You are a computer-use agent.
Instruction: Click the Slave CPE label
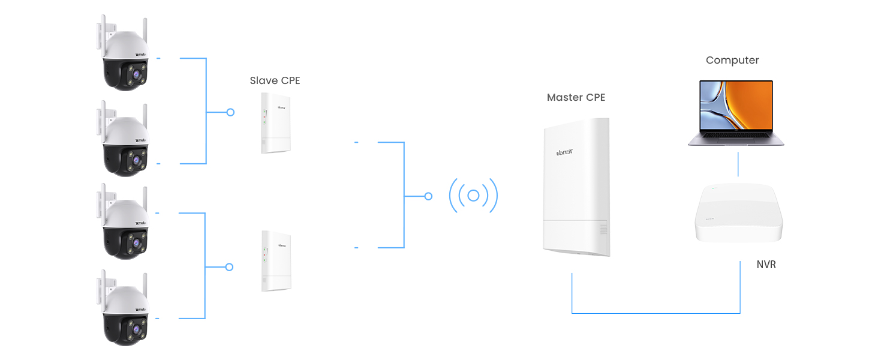(275, 80)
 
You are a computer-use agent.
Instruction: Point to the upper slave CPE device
(275, 123)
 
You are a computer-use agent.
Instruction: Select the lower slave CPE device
(276, 261)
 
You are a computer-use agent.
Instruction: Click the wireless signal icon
(473, 196)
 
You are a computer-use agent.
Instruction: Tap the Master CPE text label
(576, 97)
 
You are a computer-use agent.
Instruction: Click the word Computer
(732, 61)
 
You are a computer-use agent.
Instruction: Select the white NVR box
(738, 214)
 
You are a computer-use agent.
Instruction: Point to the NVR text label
(766, 265)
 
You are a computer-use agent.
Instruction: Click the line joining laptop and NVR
(738, 165)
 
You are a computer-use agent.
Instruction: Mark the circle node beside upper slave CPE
(230, 112)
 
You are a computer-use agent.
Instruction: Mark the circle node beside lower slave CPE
(229, 267)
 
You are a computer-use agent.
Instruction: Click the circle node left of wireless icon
(428, 196)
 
